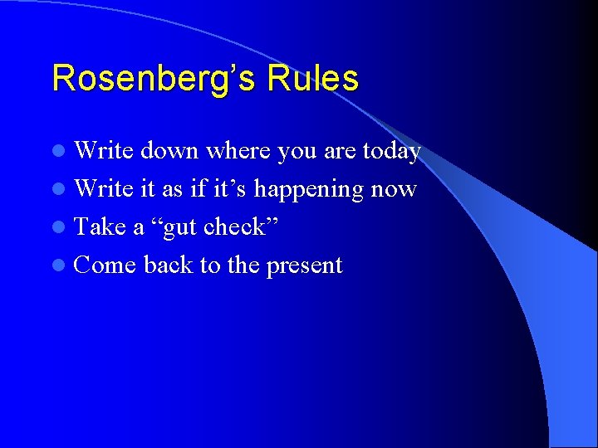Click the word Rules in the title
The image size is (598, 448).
tap(312, 79)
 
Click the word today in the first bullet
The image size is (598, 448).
tap(390, 152)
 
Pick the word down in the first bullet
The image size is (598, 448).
tap(169, 151)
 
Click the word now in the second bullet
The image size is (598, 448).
tap(395, 190)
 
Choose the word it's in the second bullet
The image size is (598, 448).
tap(228, 189)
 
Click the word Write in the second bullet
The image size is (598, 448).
tap(104, 189)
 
